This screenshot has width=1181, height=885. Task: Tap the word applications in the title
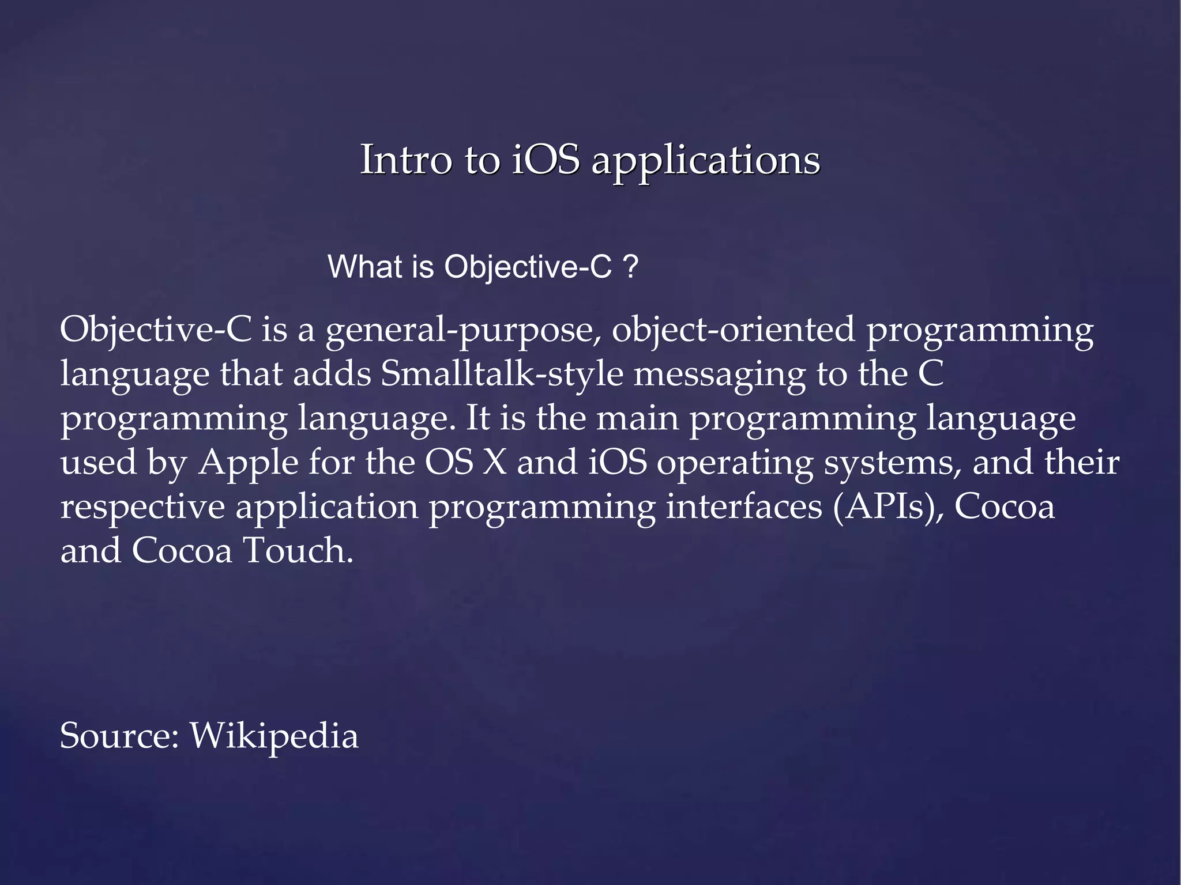point(705,161)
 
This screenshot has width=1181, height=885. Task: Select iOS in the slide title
point(546,160)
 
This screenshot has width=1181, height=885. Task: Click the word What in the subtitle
point(364,267)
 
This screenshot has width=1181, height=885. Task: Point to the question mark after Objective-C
point(631,267)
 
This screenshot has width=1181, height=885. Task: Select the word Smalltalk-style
point(502,374)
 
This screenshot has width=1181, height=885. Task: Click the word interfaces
point(743,506)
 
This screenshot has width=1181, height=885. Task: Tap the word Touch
point(298,550)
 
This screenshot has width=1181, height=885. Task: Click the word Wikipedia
point(274,736)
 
